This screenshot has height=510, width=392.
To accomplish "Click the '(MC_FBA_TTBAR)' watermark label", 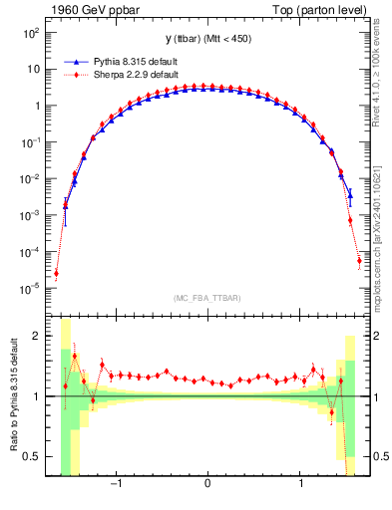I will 206,298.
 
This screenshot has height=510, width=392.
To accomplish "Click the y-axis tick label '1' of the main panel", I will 36,106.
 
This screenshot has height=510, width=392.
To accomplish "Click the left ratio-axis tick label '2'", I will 38,336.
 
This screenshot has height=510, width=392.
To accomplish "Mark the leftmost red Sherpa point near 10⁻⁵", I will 56,273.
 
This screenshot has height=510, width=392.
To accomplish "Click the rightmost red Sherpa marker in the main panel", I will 359,261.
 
